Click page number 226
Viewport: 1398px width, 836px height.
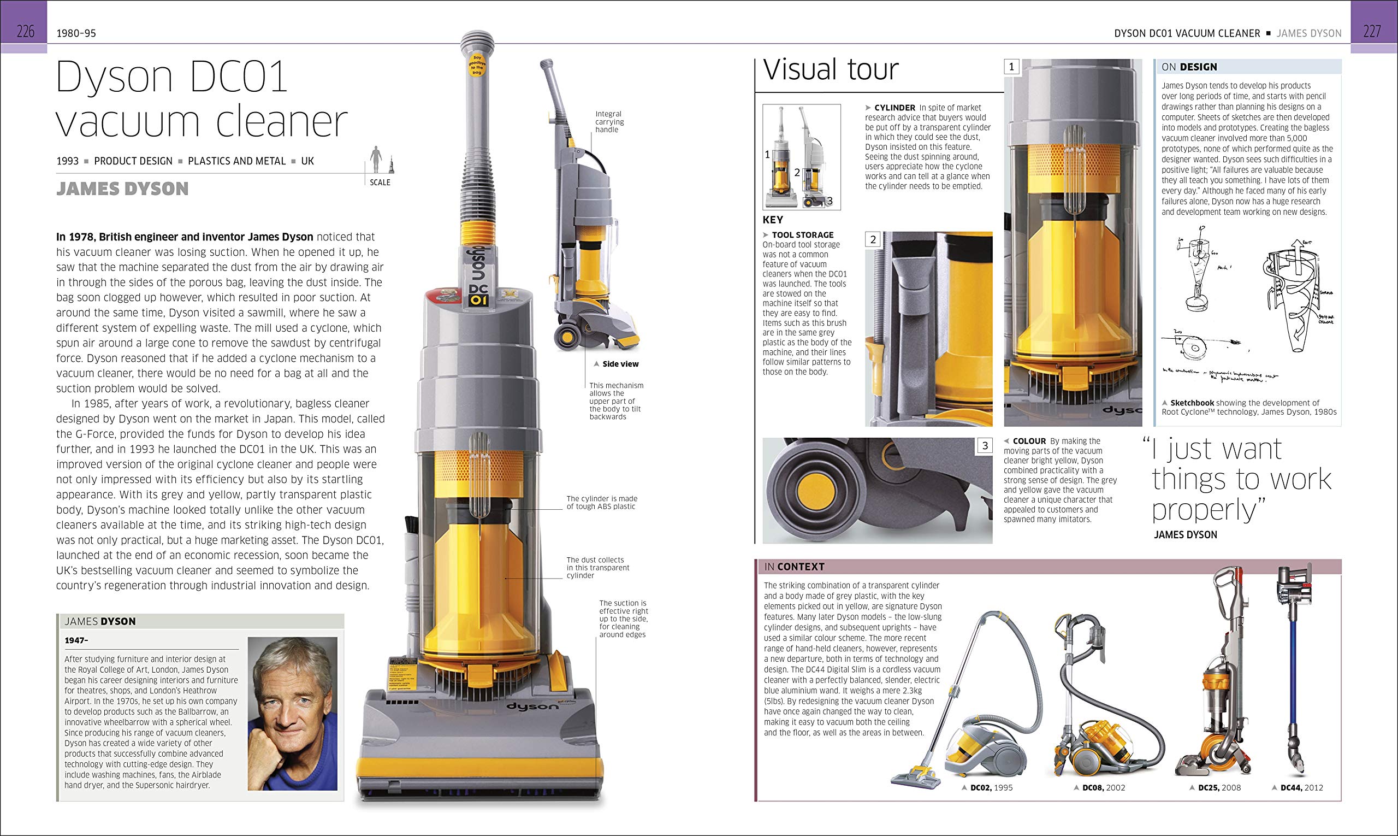(x=25, y=32)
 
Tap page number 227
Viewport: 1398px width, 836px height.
(x=1372, y=32)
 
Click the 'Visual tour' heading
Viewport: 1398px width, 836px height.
(x=831, y=70)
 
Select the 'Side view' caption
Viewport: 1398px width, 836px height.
(x=620, y=364)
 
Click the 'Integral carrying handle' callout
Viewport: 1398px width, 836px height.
(x=609, y=122)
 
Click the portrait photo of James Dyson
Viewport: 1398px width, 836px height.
(x=292, y=713)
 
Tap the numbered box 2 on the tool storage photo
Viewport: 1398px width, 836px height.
(x=873, y=239)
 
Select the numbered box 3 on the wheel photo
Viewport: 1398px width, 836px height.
(x=984, y=446)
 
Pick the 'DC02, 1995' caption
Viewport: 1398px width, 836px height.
(x=991, y=787)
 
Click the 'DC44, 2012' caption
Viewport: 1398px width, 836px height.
(x=1301, y=787)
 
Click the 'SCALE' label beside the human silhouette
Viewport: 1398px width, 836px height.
(x=380, y=182)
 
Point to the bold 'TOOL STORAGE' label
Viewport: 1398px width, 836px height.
(x=802, y=235)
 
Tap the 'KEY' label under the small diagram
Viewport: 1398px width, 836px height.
(x=773, y=220)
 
